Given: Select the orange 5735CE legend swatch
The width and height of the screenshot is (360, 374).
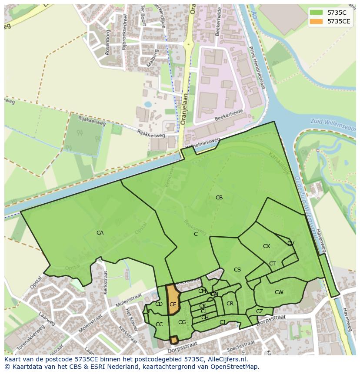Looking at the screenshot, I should pyautogui.click(x=317, y=21).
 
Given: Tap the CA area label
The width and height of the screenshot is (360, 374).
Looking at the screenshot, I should pyautogui.click(x=100, y=233).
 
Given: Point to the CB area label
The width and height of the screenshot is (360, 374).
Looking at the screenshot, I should pyautogui.click(x=219, y=198).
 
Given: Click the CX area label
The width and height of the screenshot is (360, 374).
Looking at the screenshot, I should pyautogui.click(x=267, y=246).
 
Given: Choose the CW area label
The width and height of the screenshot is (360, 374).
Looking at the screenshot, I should pyautogui.click(x=279, y=292).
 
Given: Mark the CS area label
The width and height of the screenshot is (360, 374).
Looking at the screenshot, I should pyautogui.click(x=237, y=270).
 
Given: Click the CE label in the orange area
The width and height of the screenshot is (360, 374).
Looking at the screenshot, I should pyautogui.click(x=173, y=304).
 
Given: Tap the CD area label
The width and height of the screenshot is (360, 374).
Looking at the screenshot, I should pyautogui.click(x=159, y=304).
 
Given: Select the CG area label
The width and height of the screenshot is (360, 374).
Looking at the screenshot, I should pyautogui.click(x=182, y=322).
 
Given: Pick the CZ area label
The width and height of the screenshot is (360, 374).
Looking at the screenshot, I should pyautogui.click(x=260, y=311).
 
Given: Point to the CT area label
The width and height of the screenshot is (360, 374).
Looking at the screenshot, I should pyautogui.click(x=272, y=264).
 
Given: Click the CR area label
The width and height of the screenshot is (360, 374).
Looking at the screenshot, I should pyautogui.click(x=230, y=304).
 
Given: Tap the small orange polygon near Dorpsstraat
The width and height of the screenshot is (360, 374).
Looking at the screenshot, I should pyautogui.click(x=174, y=340).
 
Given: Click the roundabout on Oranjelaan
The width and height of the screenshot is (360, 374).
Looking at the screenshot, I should pyautogui.click(x=189, y=44).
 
